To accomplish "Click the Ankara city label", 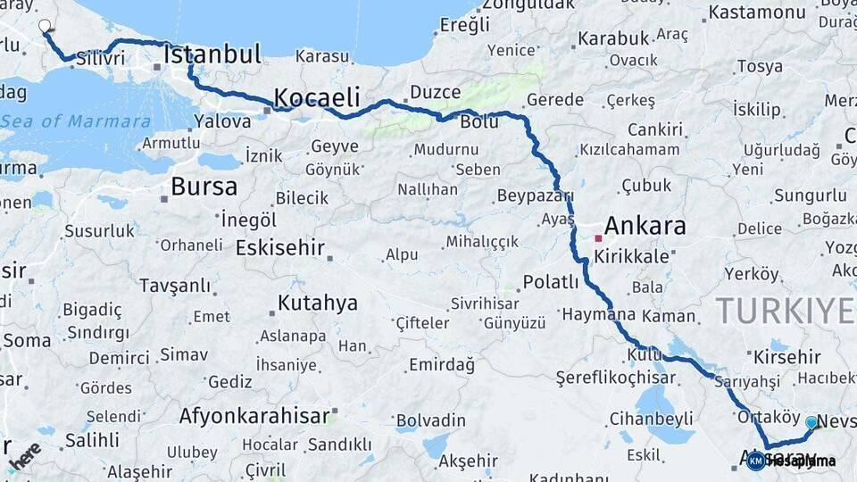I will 645,225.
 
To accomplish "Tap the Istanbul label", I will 212,54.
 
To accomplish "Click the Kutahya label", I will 317,303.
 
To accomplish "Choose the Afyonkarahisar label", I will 254,415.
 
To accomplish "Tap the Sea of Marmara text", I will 75,121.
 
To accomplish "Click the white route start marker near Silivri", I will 45,26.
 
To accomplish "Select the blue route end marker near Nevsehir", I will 811,422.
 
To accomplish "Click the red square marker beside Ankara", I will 597,238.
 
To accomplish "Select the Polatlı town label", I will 551,282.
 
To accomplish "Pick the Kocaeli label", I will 316,96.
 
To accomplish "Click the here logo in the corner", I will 24,455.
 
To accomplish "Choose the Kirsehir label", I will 786,356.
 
